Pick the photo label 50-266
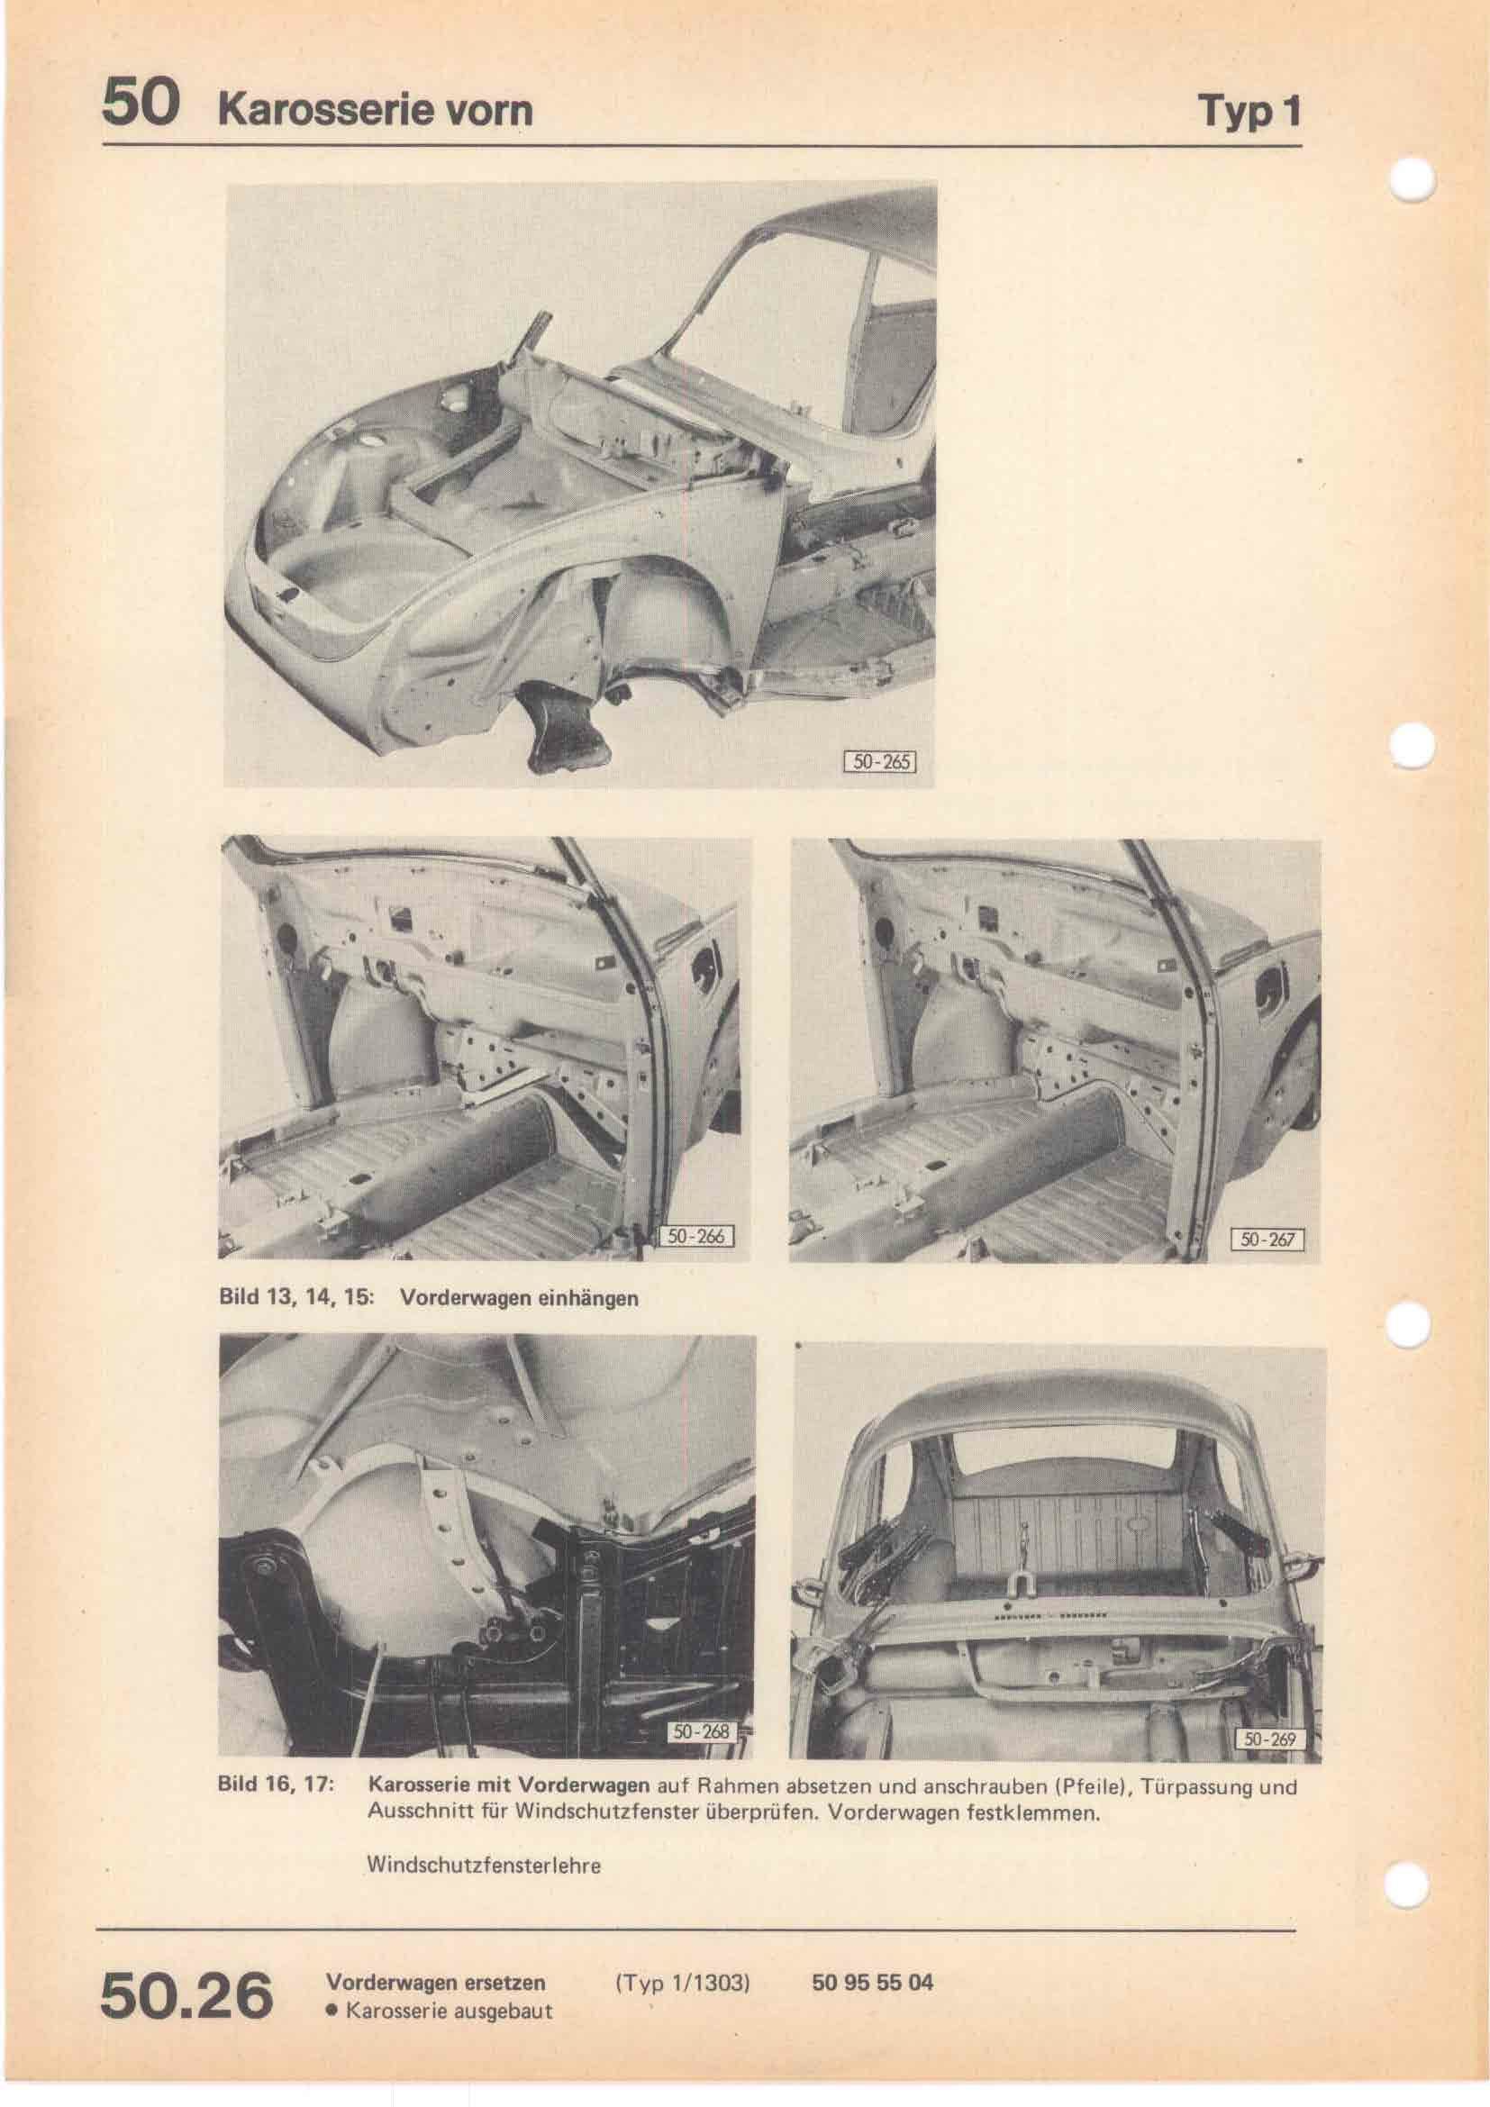pos(695,1236)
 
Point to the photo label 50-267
pos(1267,1240)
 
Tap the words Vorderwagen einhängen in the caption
pos(519,1300)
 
